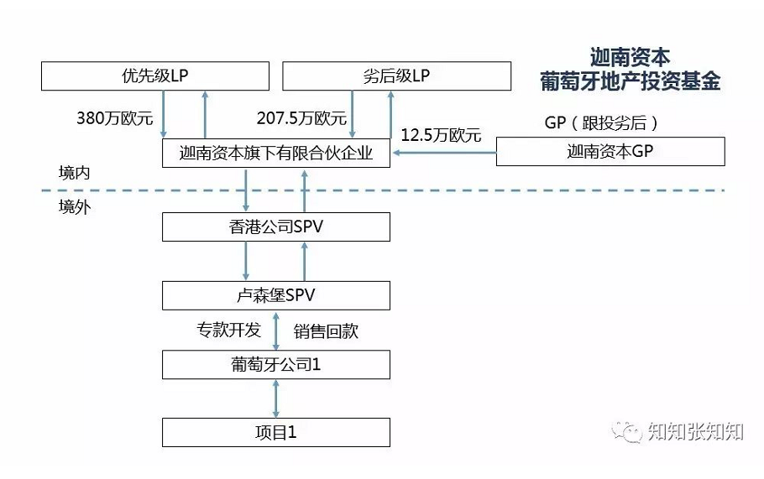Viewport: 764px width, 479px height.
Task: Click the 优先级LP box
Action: pyautogui.click(x=155, y=76)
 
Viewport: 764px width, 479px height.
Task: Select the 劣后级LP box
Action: pyautogui.click(x=396, y=76)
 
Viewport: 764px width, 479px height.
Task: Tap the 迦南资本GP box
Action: pyautogui.click(x=610, y=151)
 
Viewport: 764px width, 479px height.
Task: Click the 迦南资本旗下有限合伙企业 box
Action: pyautogui.click(x=275, y=154)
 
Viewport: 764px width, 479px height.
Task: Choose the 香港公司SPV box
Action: pyautogui.click(x=275, y=226)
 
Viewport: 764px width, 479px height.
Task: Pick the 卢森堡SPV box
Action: pyautogui.click(x=275, y=295)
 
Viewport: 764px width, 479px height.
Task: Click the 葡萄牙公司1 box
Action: pyautogui.click(x=275, y=365)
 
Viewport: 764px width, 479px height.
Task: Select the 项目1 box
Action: pyautogui.click(x=275, y=432)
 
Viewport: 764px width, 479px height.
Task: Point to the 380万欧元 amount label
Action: pyautogui.click(x=115, y=118)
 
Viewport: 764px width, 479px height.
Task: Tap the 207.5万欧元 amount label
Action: pyautogui.click(x=301, y=118)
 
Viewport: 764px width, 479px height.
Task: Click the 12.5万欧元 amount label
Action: pyautogui.click(x=441, y=135)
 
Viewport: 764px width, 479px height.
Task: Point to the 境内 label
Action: pyautogui.click(x=74, y=173)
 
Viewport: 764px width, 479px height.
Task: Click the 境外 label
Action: pyautogui.click(x=74, y=207)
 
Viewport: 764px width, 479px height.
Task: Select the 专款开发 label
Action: pyautogui.click(x=228, y=330)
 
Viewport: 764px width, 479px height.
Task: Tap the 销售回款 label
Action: pyautogui.click(x=326, y=331)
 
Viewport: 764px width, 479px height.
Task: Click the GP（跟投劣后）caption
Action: pyautogui.click(x=601, y=122)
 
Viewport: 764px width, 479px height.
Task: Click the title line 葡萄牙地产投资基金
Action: pyautogui.click(x=630, y=81)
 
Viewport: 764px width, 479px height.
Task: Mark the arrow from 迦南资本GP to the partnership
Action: pyautogui.click(x=444, y=153)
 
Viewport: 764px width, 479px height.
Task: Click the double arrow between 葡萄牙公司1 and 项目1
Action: pyautogui.click(x=275, y=398)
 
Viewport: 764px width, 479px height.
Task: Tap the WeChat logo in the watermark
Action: pyautogui.click(x=627, y=432)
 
